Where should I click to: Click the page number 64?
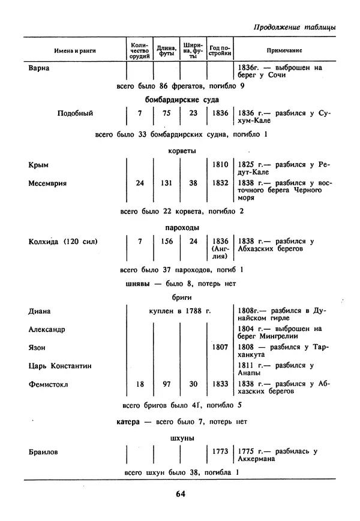click(x=181, y=494)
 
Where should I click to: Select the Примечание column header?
click(x=284, y=51)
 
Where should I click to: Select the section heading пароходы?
click(x=182, y=228)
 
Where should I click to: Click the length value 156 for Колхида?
click(x=167, y=242)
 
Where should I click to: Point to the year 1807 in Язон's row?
click(x=220, y=347)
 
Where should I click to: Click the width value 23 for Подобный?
click(x=193, y=113)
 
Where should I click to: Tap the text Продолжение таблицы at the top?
click(x=294, y=27)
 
